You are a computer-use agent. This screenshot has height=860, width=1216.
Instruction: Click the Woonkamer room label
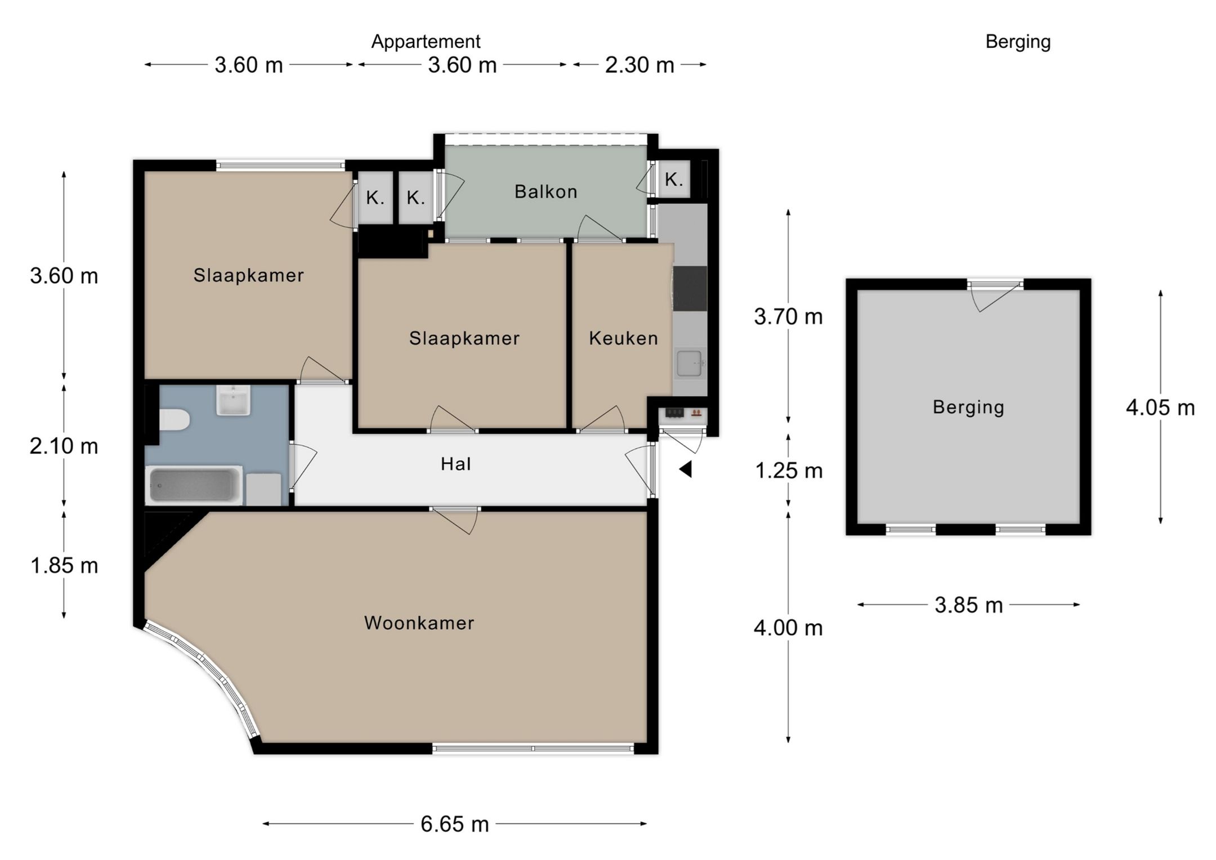[419, 622]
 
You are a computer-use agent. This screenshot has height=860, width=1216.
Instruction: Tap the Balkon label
[546, 192]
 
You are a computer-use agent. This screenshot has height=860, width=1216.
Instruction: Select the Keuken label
[624, 338]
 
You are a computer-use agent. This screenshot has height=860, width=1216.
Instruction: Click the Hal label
[456, 464]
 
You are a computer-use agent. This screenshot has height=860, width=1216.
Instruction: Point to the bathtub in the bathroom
[194, 485]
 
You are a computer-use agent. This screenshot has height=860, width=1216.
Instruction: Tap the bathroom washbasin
[233, 400]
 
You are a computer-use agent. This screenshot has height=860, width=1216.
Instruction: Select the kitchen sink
[690, 363]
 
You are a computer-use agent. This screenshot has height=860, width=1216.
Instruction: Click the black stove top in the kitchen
[690, 288]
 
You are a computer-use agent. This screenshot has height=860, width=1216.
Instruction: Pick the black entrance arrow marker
[686, 469]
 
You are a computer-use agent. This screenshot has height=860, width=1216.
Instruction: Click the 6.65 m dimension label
[455, 824]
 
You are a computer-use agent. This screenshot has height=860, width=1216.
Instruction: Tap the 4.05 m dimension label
[1160, 407]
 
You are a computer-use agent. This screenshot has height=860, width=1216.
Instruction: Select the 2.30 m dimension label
[640, 65]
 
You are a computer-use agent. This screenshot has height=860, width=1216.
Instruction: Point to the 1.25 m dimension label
[789, 471]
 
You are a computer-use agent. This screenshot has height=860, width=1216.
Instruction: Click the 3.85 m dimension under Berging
[969, 605]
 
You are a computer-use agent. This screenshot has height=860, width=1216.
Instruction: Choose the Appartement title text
[426, 42]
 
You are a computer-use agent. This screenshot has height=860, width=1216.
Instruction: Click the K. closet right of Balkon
[674, 180]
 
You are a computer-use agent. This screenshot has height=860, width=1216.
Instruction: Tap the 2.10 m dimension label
[64, 446]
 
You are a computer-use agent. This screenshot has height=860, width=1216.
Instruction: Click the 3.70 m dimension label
[789, 317]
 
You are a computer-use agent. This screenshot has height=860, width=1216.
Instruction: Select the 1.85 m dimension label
[64, 565]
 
